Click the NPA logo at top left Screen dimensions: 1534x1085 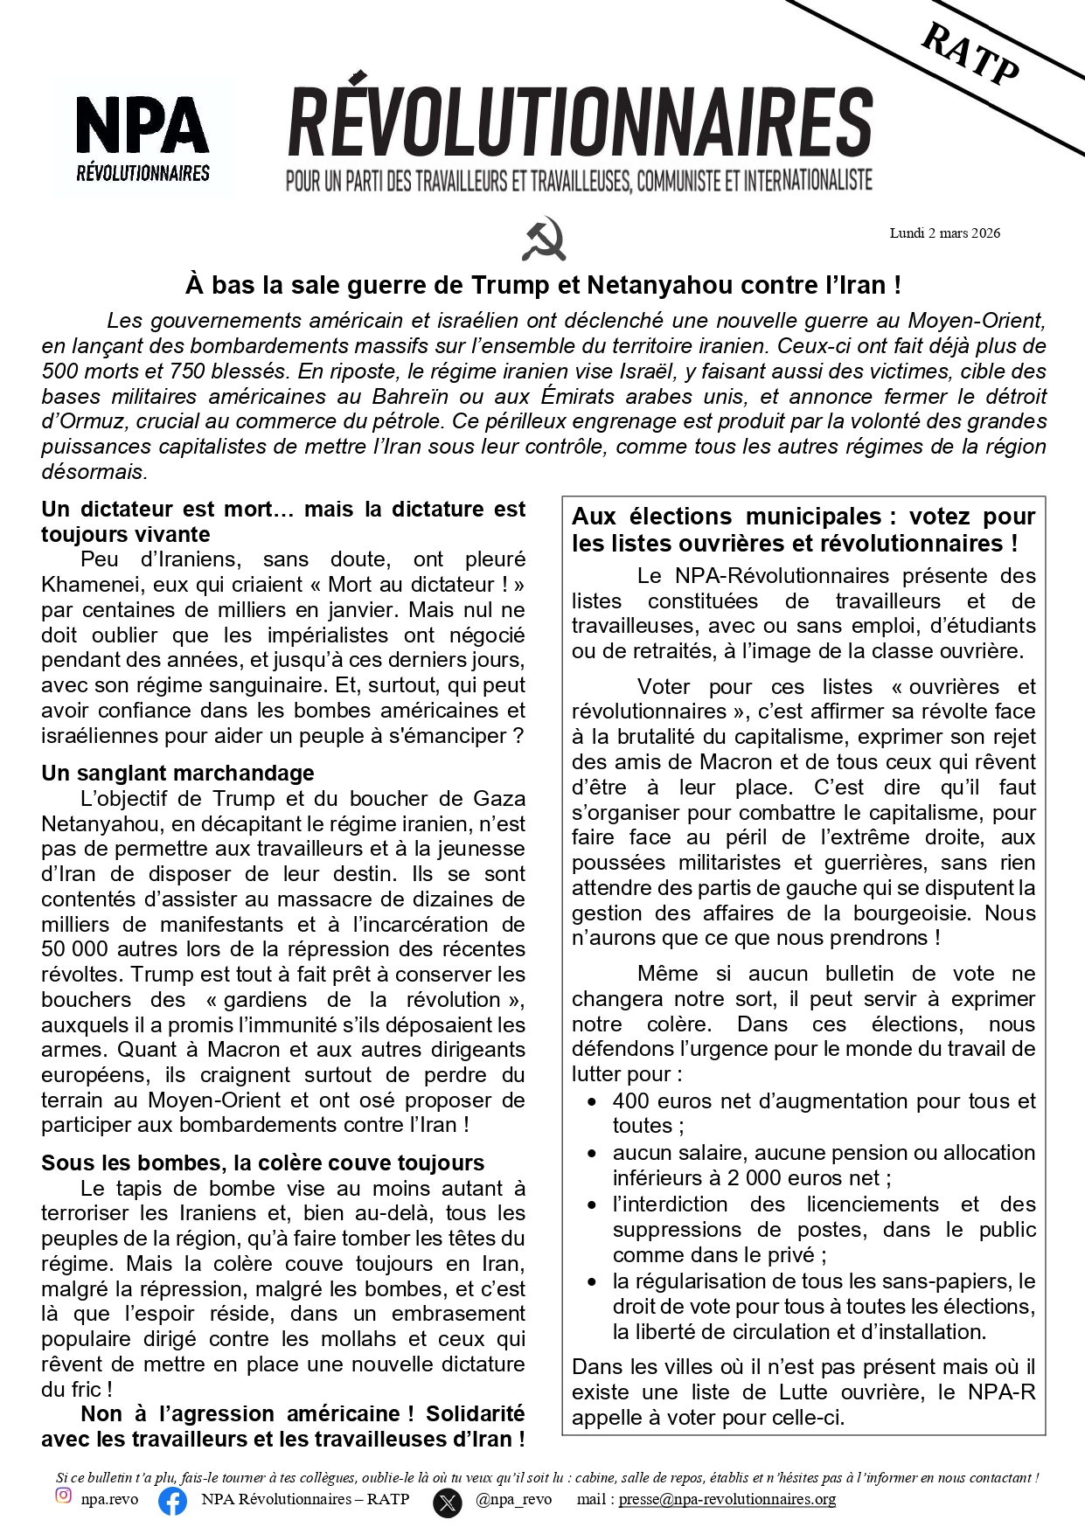point(143,136)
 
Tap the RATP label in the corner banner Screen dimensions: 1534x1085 point(970,54)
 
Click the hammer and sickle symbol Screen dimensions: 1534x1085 point(544,239)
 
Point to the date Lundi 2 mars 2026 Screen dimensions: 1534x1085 point(944,233)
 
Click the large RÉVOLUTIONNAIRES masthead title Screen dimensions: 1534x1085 point(580,122)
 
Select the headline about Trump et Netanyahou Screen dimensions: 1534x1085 point(543,286)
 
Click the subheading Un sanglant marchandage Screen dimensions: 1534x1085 point(177,774)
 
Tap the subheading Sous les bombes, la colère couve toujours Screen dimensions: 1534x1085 point(262,1163)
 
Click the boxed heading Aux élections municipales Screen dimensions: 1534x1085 point(803,530)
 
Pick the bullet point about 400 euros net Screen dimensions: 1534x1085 point(823,1114)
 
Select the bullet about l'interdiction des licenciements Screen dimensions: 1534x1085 point(823,1230)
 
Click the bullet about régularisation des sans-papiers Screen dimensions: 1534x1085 point(823,1307)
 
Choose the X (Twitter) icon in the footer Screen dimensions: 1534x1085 point(448,1503)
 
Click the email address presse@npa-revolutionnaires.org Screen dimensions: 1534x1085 point(727,1500)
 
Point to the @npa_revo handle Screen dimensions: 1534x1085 point(514,1500)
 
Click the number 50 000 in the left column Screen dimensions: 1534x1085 point(75,949)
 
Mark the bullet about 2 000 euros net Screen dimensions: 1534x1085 point(823,1166)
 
